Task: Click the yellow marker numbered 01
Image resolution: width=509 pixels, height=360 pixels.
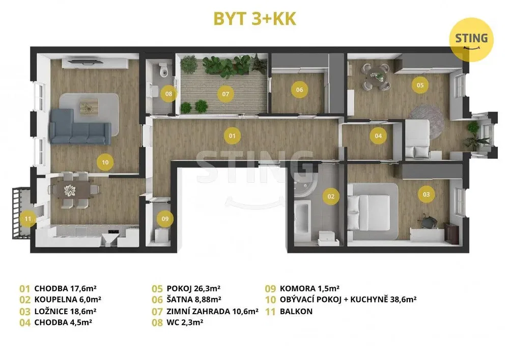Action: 232,135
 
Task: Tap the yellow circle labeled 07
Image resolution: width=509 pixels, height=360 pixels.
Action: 225,94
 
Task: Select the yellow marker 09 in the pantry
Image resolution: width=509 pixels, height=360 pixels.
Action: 165,219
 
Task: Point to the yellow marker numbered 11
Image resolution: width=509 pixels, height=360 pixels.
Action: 27,219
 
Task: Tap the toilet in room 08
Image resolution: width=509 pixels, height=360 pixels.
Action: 164,69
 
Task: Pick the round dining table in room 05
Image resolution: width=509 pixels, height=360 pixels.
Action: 376,77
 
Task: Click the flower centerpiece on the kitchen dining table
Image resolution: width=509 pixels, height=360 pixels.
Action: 70,190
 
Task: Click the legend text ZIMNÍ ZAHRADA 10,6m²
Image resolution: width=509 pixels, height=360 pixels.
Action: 212,311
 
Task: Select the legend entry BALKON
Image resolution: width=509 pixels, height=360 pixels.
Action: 296,311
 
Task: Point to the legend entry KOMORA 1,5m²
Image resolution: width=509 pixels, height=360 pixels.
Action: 309,288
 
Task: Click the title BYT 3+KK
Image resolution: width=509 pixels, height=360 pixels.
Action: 255,19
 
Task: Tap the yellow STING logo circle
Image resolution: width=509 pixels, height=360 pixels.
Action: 471,40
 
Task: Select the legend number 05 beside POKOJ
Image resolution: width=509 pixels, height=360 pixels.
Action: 157,289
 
